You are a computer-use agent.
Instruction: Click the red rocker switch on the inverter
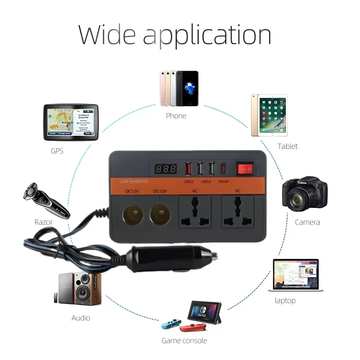pos(245,169)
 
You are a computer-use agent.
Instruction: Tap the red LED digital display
pos(166,170)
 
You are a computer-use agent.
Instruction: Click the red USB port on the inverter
pos(188,169)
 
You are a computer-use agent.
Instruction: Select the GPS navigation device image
pos(71,121)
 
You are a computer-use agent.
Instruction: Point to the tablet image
pos(269,116)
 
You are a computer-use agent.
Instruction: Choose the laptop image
pos(296,275)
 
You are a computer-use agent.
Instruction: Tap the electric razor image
pos(45,201)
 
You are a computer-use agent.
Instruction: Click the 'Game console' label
pos(184,340)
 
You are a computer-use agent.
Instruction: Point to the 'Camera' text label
pos(307,222)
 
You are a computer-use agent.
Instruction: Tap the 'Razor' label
pos(44,222)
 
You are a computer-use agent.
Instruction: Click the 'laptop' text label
pos(285,301)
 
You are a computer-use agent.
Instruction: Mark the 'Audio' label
pos(81,318)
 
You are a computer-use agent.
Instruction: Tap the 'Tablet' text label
pos(288,146)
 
